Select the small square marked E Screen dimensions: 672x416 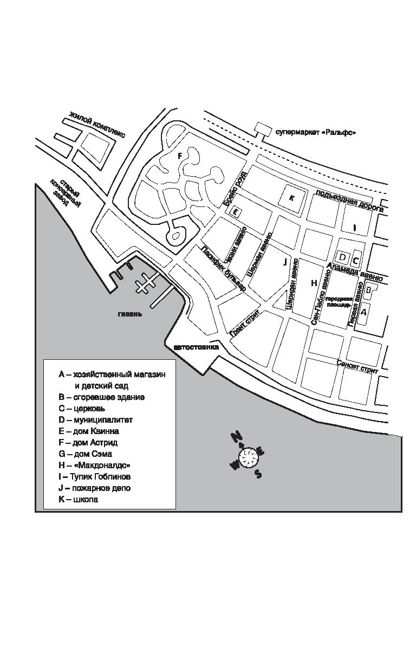point(235,212)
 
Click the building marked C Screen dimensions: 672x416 point(356,255)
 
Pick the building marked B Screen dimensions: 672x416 point(369,290)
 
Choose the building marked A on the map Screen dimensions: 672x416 point(364,312)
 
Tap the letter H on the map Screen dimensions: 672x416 point(314,283)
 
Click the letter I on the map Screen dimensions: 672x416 point(354,228)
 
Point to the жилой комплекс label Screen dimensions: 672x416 point(97,125)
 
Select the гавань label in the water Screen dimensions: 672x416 point(131,314)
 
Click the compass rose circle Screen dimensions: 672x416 point(249,458)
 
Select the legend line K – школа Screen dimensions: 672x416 point(79,500)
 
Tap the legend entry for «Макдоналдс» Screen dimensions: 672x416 point(95,465)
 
